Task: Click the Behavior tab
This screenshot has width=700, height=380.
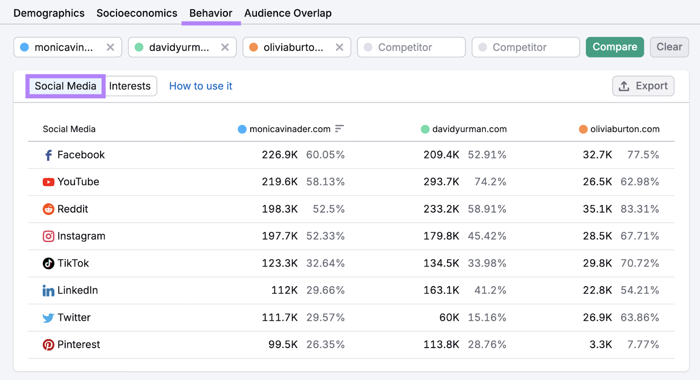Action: point(210,13)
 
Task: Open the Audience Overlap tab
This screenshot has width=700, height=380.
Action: point(287,13)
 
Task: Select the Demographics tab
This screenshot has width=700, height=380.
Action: point(49,13)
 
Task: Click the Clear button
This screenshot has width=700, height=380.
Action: point(669,47)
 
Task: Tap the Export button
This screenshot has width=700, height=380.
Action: point(643,86)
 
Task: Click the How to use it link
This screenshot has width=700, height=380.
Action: point(200,86)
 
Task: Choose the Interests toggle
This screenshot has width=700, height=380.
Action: point(130,86)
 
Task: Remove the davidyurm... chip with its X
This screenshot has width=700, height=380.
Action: point(225,47)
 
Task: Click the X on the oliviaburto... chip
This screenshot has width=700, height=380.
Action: point(339,47)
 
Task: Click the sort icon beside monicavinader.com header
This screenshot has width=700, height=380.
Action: point(339,129)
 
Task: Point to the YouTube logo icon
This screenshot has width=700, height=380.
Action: point(48,182)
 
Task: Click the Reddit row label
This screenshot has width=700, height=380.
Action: point(73,209)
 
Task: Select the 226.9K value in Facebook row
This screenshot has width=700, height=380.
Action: point(280,155)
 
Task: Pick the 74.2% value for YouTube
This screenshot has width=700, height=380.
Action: point(490,182)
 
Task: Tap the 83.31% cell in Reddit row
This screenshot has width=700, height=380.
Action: point(639,209)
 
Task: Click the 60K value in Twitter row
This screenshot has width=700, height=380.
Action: point(449,317)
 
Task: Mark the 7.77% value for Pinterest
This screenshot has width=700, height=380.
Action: point(643,344)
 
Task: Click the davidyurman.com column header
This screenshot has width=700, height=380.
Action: point(469,129)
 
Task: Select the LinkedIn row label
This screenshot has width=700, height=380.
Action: point(77,290)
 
